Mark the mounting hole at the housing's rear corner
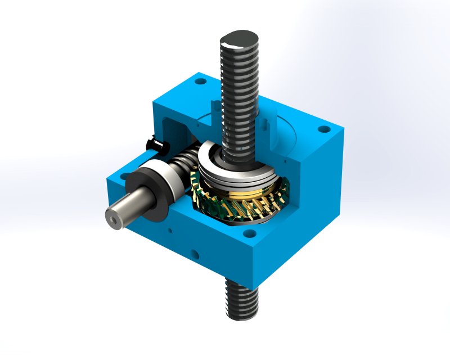click(x=200, y=82)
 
